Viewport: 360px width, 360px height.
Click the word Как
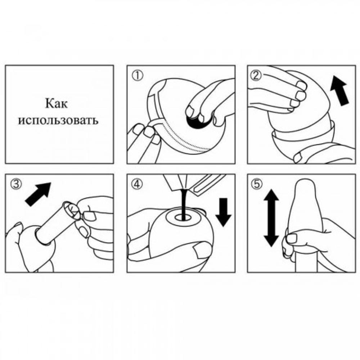point(57,104)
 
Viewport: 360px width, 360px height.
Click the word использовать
point(58,120)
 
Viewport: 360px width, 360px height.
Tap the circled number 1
point(137,76)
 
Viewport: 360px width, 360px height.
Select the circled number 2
point(256,76)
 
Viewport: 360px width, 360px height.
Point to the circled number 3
point(16,184)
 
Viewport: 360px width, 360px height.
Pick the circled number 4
point(137,184)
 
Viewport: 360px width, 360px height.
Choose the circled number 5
point(256,184)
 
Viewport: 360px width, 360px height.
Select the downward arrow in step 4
point(224,212)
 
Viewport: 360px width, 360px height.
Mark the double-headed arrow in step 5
point(271,218)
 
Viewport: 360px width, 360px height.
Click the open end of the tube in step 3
point(72,211)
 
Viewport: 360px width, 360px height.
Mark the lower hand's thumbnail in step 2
point(299,158)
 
